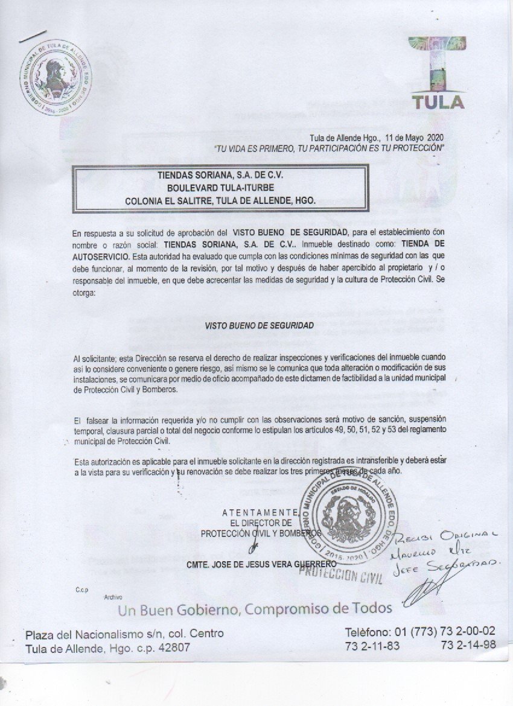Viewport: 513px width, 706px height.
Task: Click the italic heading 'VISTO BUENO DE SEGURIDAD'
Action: pyautogui.click(x=259, y=325)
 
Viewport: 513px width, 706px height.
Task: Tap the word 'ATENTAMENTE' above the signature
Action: pyautogui.click(x=260, y=512)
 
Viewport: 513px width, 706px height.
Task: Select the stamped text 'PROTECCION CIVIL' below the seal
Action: pyautogui.click(x=341, y=575)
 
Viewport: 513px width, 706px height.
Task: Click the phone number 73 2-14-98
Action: pyautogui.click(x=468, y=645)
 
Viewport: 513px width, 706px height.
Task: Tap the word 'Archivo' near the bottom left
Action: pyautogui.click(x=113, y=597)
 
